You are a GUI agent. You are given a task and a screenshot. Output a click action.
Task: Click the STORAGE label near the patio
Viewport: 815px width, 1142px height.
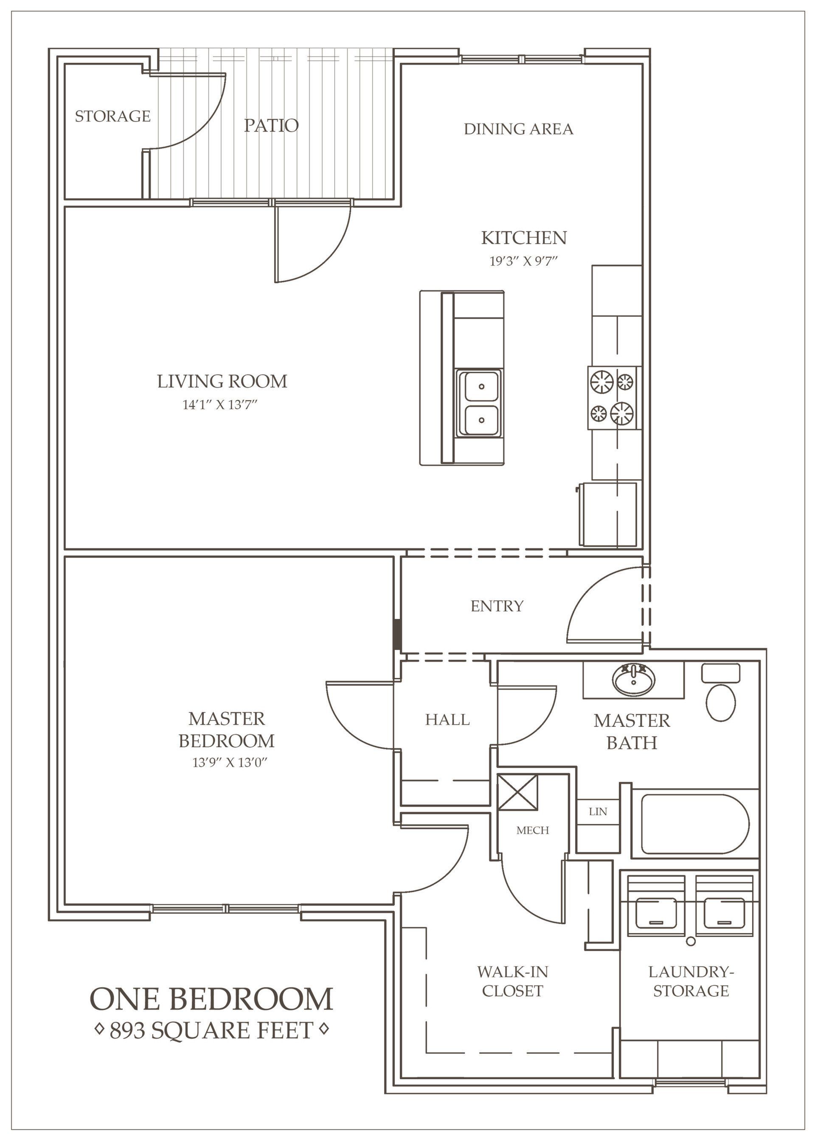(x=112, y=116)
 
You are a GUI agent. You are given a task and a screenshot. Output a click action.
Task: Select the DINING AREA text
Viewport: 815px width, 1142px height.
(x=518, y=129)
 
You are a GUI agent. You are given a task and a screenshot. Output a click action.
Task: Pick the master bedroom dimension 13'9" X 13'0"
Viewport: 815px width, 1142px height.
(x=228, y=762)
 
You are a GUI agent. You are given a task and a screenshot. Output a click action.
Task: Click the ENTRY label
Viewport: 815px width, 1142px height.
(x=497, y=606)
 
